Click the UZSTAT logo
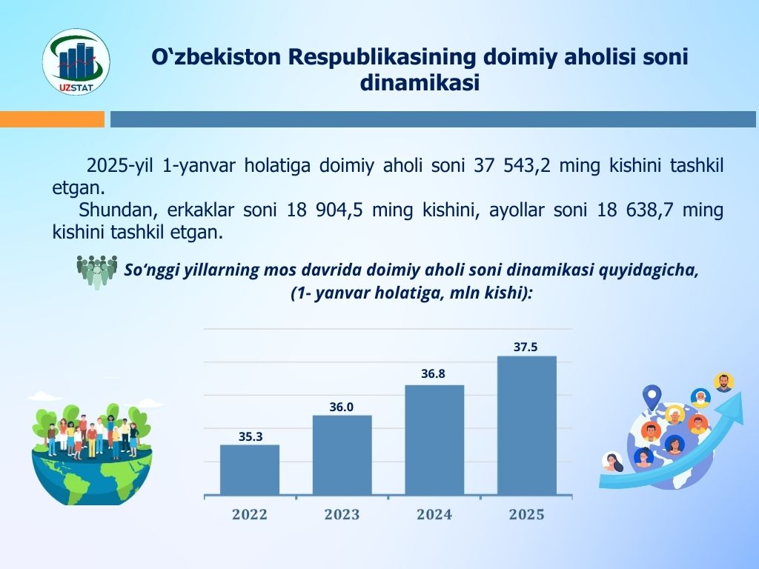click(76, 61)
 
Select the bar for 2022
click(250, 470)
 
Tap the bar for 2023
click(342, 455)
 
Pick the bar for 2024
click(434, 440)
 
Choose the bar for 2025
click(527, 425)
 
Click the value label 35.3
click(251, 436)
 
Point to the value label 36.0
click(341, 407)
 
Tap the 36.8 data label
click(433, 373)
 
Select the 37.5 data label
click(526, 347)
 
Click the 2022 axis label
click(250, 514)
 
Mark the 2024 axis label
click(434, 514)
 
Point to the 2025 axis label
click(527, 514)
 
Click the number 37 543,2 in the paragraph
click(512, 165)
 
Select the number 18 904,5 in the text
click(325, 210)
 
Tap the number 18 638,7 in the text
click(635, 210)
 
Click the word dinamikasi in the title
click(420, 82)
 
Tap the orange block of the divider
click(53, 119)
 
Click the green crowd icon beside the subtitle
click(97, 272)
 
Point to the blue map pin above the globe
click(652, 397)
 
